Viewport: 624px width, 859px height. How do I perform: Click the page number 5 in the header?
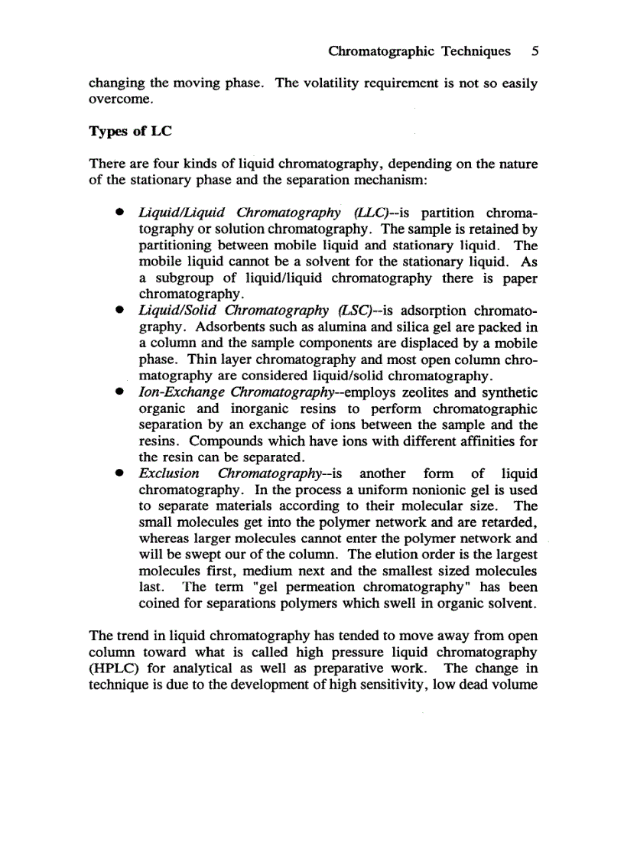[535, 52]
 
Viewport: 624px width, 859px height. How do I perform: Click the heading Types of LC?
[129, 131]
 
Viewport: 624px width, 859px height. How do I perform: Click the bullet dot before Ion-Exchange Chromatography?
[119, 392]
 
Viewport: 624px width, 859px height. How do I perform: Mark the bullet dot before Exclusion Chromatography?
[119, 474]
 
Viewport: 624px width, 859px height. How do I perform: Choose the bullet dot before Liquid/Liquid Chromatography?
[119, 213]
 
